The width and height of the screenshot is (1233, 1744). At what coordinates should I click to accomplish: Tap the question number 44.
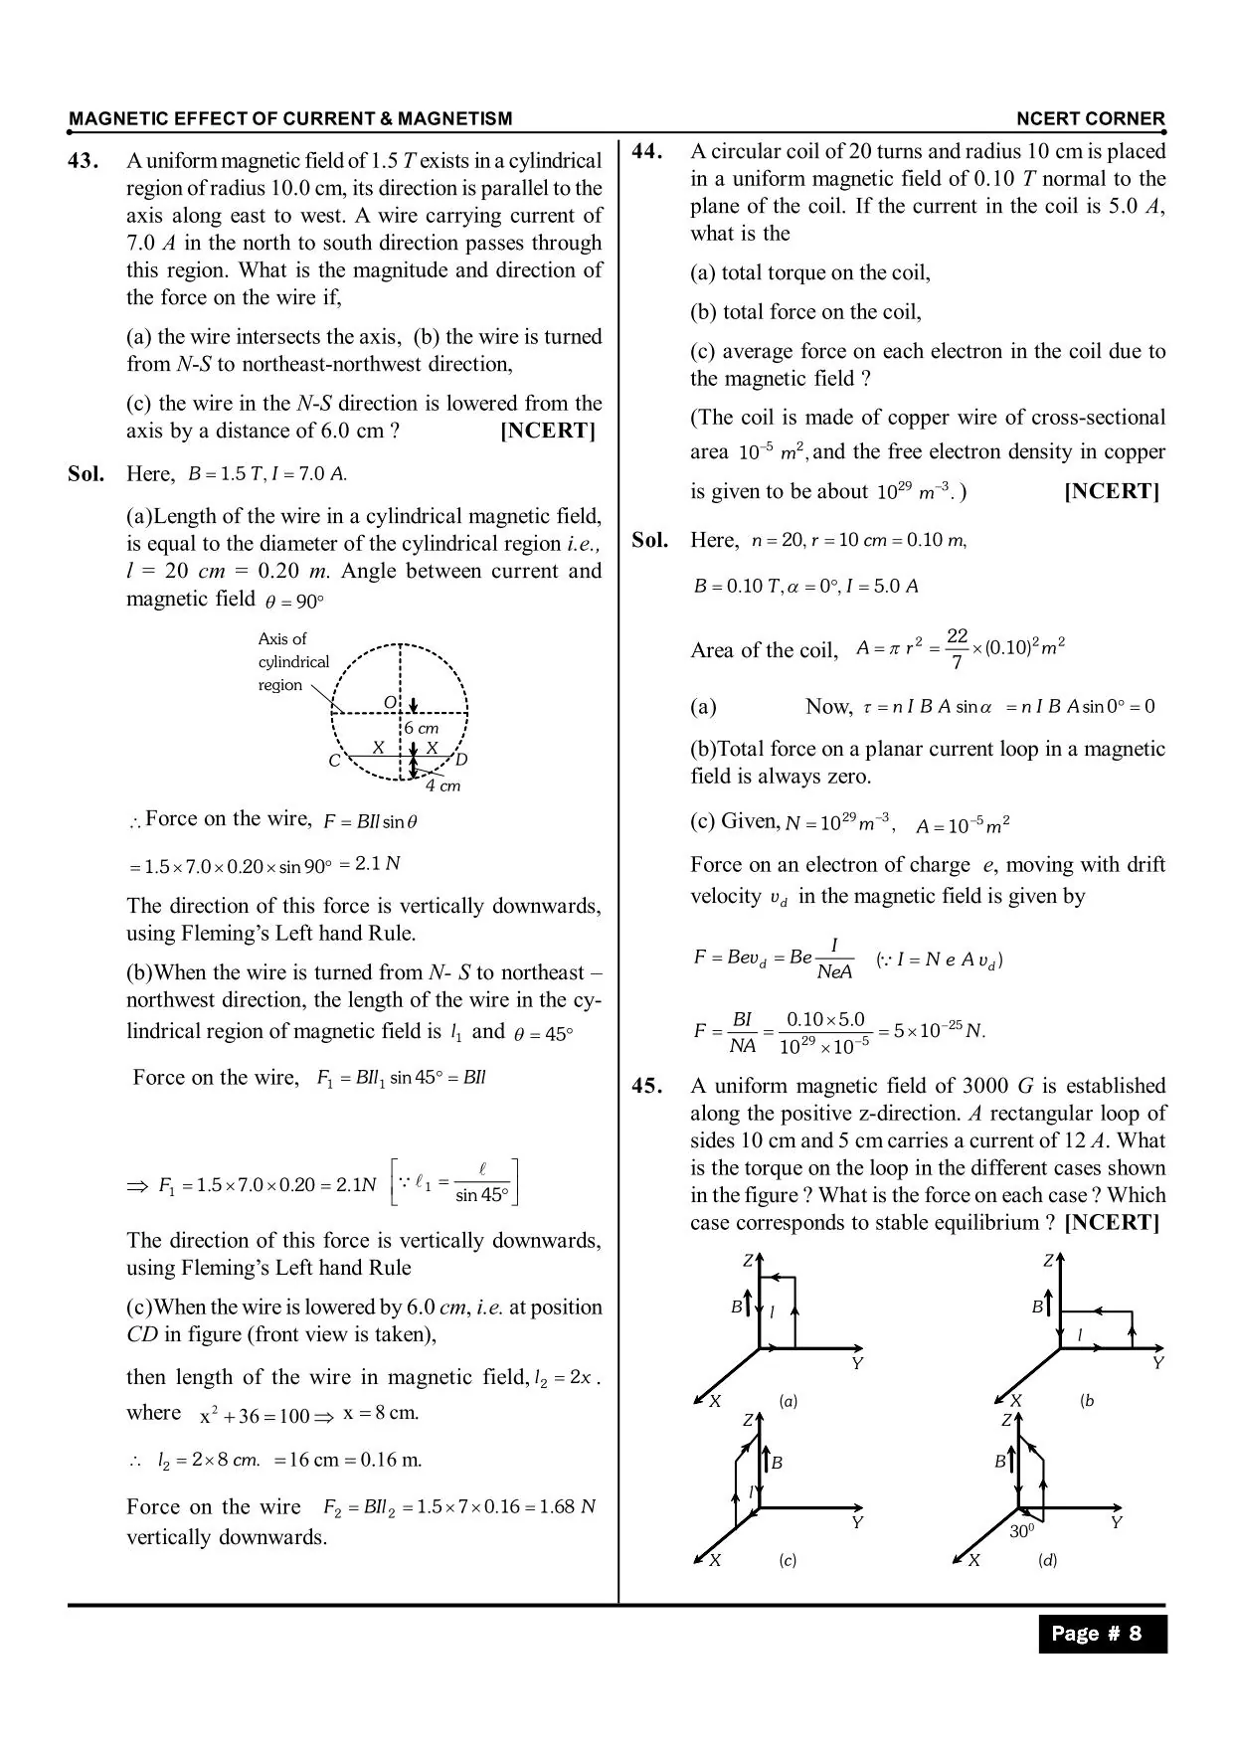coord(647,151)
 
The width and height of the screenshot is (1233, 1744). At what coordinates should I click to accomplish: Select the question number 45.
coord(647,1086)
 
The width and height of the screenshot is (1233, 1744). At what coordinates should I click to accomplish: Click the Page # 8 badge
coord(1102,1633)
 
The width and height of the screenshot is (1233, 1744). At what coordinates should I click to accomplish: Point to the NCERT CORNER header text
coord(1090,118)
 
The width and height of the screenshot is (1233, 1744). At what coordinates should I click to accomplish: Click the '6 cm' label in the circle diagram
coord(422,728)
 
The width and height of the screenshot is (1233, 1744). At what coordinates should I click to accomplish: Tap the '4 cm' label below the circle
coord(442,785)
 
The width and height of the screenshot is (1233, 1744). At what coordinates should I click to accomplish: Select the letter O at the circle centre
coord(390,703)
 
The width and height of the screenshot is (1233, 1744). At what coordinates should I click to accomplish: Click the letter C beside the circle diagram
coord(334,761)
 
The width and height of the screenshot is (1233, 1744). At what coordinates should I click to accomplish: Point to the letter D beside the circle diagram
coord(461,760)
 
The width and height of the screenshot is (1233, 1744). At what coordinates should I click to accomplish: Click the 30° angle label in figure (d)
coord(1022,1531)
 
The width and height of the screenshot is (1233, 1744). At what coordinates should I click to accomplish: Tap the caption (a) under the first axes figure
coord(788,1401)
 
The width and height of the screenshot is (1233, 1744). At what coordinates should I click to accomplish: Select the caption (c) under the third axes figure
coord(788,1560)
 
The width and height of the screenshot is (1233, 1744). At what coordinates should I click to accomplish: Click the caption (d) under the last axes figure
coord(1047,1560)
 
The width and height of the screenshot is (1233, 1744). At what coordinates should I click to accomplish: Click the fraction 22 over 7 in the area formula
coord(957,648)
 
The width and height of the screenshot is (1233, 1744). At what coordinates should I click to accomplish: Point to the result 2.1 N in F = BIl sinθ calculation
coord(377,863)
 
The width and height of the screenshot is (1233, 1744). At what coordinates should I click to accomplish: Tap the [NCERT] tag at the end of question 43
coord(548,431)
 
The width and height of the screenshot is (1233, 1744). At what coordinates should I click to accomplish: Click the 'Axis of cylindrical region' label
coord(292,661)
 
